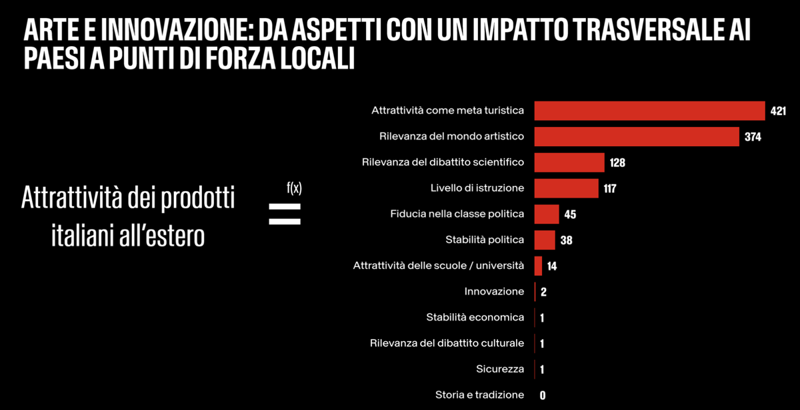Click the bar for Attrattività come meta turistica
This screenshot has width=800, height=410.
(649, 110)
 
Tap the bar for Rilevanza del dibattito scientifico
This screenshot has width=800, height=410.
(569, 162)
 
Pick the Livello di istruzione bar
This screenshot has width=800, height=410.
(566, 188)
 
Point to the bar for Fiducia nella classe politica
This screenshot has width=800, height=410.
(547, 214)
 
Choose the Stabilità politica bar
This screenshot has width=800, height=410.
(545, 240)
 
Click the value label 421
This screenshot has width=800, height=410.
(778, 111)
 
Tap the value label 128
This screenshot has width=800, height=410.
(617, 163)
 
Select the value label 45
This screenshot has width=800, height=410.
(569, 215)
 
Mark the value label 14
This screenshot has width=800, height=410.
(551, 266)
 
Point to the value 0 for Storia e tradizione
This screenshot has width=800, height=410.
(543, 395)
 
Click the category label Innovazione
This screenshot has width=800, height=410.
(494, 292)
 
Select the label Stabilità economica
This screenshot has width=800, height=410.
(475, 317)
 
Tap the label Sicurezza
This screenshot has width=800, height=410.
(500, 369)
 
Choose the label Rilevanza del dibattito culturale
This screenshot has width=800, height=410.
(447, 343)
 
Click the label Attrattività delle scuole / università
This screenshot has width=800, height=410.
(438, 266)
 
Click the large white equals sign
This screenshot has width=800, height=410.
(285, 213)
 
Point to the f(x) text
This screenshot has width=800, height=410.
(294, 188)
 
